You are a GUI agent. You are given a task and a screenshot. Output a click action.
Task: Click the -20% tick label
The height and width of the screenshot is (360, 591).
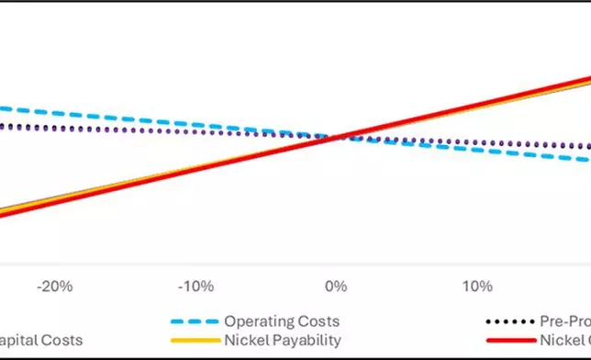pyautogui.click(x=54, y=286)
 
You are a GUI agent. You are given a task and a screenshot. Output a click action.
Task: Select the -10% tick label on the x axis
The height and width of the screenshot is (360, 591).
pyautogui.click(x=195, y=286)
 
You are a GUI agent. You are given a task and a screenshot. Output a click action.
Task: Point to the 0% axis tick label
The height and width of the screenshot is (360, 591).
pyautogui.click(x=336, y=286)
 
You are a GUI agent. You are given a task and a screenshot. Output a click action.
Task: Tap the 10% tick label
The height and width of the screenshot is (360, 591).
pyautogui.click(x=476, y=286)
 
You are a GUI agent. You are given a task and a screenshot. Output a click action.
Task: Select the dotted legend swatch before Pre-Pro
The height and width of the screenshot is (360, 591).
pyautogui.click(x=508, y=322)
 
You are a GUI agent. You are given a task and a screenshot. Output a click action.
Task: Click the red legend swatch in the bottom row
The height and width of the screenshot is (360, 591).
pyautogui.click(x=508, y=341)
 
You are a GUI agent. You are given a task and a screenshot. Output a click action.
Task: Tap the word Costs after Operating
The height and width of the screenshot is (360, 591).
pyautogui.click(x=317, y=322)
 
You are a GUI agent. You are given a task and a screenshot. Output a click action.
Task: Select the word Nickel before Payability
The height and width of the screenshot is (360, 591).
pyautogui.click(x=246, y=341)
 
